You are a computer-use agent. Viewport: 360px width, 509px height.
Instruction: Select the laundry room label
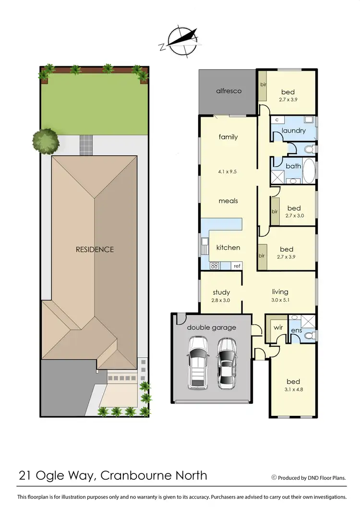point(294,130)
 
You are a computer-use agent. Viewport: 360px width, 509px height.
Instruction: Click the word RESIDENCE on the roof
point(95,249)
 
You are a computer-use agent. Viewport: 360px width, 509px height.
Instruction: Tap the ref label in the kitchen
point(237,266)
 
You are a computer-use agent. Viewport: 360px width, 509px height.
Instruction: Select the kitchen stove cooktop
point(215,265)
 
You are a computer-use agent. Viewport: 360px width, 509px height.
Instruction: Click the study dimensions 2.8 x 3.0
point(221,300)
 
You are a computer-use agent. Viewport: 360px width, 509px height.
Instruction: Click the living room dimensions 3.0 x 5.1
point(280,300)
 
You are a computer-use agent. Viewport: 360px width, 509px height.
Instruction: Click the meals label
point(228,201)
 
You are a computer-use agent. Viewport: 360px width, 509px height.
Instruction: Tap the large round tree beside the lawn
point(46,141)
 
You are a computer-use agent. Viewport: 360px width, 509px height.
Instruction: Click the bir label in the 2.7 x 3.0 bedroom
point(275,211)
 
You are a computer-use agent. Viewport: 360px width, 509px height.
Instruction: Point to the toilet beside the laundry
point(308,149)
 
